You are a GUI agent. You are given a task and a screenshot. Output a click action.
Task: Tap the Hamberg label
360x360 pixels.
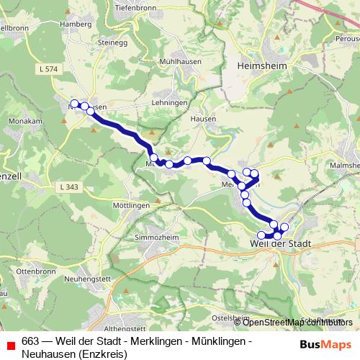click(76, 23)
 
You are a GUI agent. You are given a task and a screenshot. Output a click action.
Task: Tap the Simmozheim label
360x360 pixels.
click(156, 237)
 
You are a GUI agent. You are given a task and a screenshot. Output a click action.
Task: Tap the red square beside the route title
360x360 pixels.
click(10, 344)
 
